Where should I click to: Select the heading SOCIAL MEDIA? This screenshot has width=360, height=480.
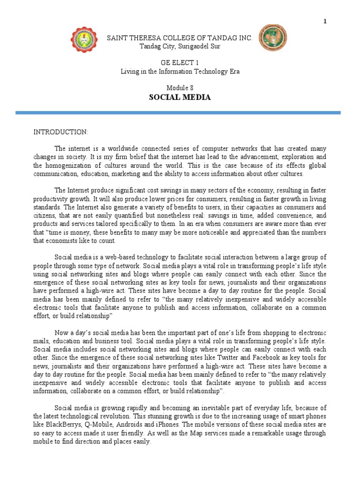[180, 97]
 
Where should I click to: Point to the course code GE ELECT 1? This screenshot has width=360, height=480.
[180, 62]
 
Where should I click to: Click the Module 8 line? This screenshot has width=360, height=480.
[180, 88]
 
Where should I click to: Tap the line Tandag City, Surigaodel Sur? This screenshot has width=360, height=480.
[180, 46]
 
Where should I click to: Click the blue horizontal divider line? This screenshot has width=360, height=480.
[178, 112]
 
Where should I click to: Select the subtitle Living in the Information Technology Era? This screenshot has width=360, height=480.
[180, 71]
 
